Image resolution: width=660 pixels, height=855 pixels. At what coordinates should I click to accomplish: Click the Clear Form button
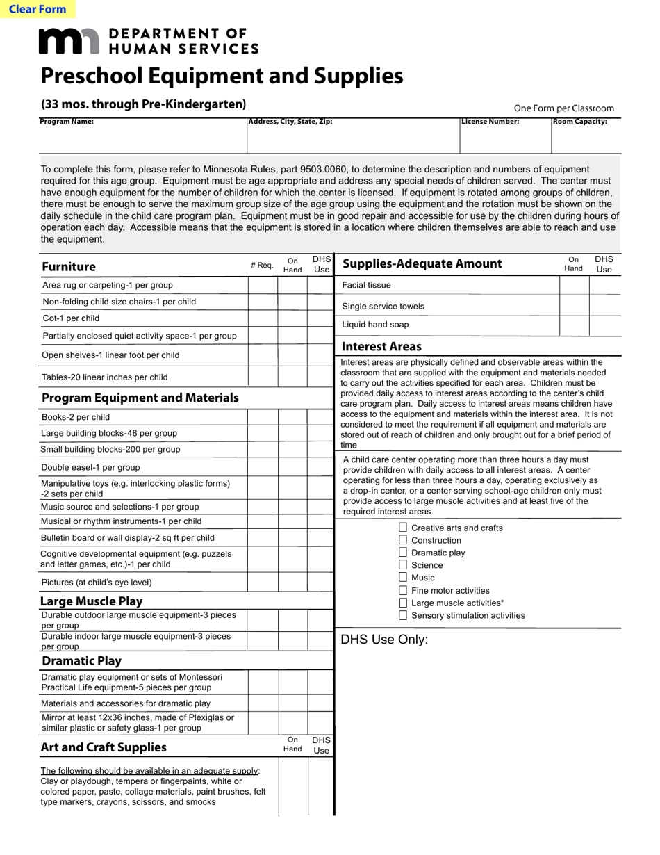(x=38, y=9)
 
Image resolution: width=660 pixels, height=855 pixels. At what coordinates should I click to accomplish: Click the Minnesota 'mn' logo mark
(x=69, y=41)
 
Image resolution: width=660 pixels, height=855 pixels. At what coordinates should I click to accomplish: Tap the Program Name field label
(x=67, y=122)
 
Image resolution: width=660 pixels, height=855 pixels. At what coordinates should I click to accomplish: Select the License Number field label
(x=490, y=122)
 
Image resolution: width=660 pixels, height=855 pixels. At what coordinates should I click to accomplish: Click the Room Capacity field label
(x=579, y=122)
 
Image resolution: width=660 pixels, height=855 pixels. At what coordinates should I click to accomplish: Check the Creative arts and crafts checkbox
(x=403, y=528)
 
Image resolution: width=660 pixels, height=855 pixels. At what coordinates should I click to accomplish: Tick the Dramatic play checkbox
(x=403, y=553)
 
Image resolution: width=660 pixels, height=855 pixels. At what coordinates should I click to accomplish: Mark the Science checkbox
(x=403, y=565)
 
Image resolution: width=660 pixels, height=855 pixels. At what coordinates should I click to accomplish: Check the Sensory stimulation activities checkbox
(x=403, y=615)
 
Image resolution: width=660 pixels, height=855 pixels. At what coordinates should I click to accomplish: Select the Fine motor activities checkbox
(x=403, y=590)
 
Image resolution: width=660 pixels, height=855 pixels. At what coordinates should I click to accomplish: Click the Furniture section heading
(x=69, y=267)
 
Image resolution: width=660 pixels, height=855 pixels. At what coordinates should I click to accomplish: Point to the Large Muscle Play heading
(x=91, y=601)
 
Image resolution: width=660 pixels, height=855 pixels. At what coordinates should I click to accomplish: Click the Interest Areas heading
(x=381, y=346)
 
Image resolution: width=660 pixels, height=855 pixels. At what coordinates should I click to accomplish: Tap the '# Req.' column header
(x=262, y=266)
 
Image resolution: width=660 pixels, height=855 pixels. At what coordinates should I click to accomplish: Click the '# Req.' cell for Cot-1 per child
(x=263, y=318)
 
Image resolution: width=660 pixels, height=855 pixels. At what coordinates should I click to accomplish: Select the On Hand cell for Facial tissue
(x=574, y=286)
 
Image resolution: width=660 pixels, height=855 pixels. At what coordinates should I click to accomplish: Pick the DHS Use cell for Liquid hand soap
(x=604, y=325)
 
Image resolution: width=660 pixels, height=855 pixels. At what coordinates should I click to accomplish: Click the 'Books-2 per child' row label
(x=75, y=417)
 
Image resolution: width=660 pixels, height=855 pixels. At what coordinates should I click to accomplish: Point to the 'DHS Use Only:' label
(x=384, y=640)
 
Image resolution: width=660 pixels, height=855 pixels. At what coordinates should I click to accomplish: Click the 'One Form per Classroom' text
(x=563, y=108)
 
